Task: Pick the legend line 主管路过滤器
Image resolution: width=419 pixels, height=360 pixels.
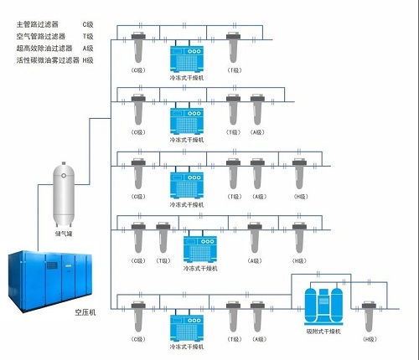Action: pyautogui.click(x=39, y=26)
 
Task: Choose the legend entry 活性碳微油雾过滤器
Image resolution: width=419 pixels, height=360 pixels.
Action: pyautogui.click(x=48, y=60)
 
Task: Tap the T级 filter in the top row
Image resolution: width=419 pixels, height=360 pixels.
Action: pyautogui.click(x=235, y=50)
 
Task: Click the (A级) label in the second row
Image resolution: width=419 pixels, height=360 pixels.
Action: pyautogui.click(x=257, y=132)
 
